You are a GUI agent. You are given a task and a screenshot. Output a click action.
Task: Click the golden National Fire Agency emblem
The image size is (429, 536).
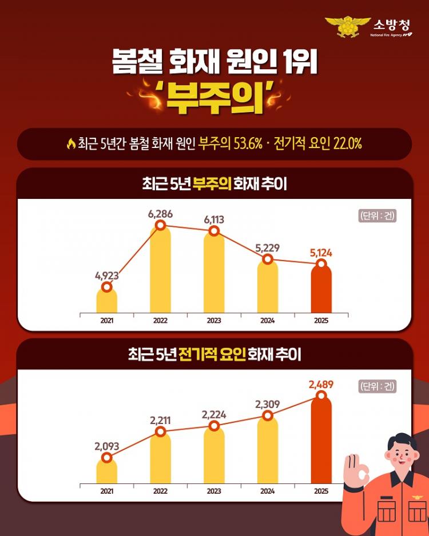[348, 26]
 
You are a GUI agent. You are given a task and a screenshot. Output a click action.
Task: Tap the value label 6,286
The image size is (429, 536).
[160, 214]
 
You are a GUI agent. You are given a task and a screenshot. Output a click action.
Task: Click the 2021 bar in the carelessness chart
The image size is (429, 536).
[107, 299]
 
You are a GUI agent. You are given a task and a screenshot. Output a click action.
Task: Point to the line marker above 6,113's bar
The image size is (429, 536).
[214, 231]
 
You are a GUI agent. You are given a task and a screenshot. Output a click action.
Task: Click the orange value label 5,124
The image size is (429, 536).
[321, 252]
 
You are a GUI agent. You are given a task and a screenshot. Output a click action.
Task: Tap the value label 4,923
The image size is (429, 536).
[107, 275]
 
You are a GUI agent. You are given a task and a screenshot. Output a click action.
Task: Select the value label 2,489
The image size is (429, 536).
[321, 385]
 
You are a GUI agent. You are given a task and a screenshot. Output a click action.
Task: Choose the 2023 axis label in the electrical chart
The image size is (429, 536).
[214, 491]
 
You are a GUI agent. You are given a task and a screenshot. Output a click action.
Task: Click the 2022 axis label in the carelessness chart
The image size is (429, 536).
[160, 321]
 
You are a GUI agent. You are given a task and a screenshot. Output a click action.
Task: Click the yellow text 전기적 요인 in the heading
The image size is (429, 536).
[212, 355]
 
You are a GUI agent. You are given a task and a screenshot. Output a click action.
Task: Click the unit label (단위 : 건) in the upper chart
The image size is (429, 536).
[378, 216]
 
